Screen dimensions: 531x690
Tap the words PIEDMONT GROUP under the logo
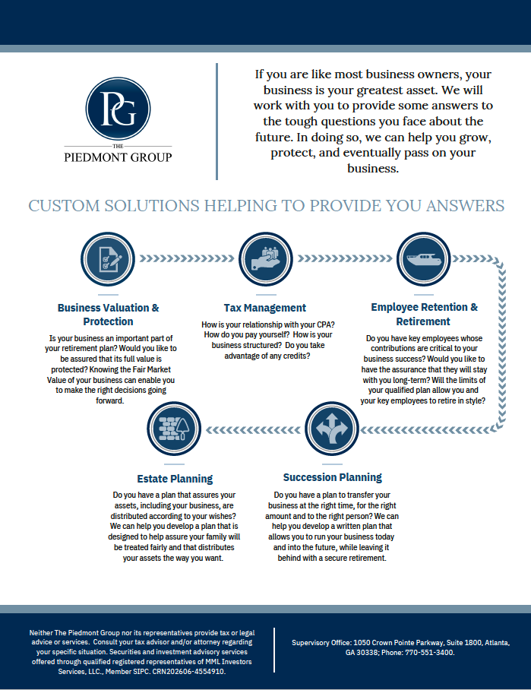pyautogui.click(x=118, y=157)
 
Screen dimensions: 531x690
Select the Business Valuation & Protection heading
pyautogui.click(x=108, y=315)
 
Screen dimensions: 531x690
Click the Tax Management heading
pyautogui.click(x=265, y=308)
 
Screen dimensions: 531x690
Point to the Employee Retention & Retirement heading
pyautogui.click(x=424, y=314)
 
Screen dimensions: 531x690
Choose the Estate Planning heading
pyautogui.click(x=175, y=479)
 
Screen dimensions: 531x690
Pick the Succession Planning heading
pyautogui.click(x=332, y=477)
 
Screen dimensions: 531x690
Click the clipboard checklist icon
pyautogui.click(x=108, y=258)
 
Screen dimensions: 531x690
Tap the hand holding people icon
pyautogui.click(x=266, y=258)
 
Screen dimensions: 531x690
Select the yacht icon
pyautogui.click(x=424, y=258)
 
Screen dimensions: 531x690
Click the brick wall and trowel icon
pyautogui.click(x=175, y=429)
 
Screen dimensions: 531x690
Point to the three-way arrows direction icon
pyautogui.click(x=332, y=429)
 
